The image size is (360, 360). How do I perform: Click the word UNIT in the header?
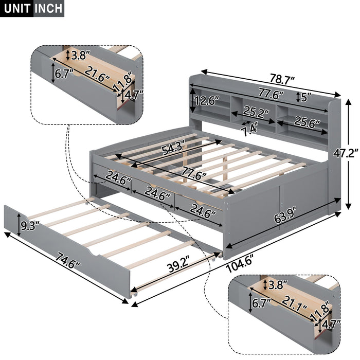pos(17,8)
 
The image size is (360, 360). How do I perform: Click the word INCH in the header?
pos(49,8)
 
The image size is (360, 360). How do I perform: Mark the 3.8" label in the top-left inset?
pos(80,53)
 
